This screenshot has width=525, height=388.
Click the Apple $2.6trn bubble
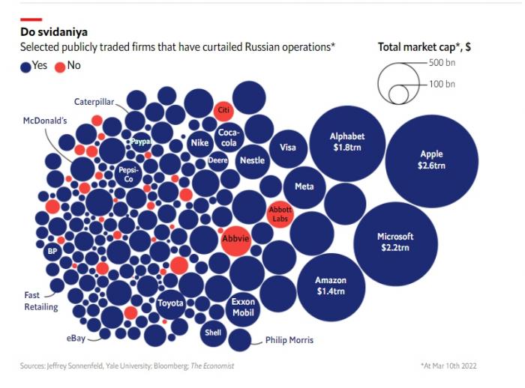pyautogui.click(x=431, y=160)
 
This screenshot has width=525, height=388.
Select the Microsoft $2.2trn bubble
pyautogui.click(x=394, y=241)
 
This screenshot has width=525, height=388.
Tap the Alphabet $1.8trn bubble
pyautogui.click(x=347, y=142)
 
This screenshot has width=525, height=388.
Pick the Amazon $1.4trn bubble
pyautogui.click(x=331, y=285)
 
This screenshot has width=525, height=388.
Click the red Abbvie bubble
pyautogui.click(x=235, y=240)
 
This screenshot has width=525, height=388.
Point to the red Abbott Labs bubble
pyautogui.click(x=280, y=215)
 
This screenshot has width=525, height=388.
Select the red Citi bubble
pyautogui.click(x=223, y=109)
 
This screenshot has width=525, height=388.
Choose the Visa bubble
pyautogui.click(x=288, y=148)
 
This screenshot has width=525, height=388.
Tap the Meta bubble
pyautogui.click(x=304, y=187)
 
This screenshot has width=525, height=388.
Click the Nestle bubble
pyautogui.click(x=252, y=160)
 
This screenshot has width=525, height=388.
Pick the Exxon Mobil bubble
pyautogui.click(x=243, y=307)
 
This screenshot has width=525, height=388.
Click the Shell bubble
pyautogui.click(x=213, y=333)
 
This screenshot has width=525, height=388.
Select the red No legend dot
pyautogui.click(x=60, y=66)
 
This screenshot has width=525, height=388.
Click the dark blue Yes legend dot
pyautogui.click(x=25, y=66)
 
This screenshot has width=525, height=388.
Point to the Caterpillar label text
pyautogui.click(x=94, y=101)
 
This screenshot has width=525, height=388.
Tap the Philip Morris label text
pyautogui.click(x=289, y=340)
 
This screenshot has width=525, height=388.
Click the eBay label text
pyautogui.click(x=76, y=339)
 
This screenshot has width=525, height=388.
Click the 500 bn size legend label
pyautogui.click(x=442, y=63)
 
